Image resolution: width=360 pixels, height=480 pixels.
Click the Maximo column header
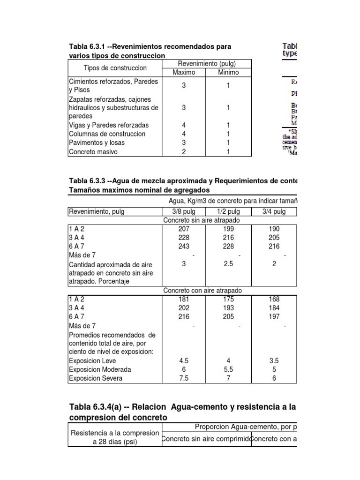point(184,72)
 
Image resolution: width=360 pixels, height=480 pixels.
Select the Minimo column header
point(228,72)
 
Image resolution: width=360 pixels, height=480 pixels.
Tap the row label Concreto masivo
point(93,152)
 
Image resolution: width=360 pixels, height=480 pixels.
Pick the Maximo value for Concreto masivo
point(184,152)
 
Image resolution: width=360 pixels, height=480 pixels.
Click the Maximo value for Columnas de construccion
point(184,134)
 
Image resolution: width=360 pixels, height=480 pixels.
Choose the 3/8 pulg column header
point(184,211)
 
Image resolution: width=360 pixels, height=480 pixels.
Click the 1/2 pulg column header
point(228,211)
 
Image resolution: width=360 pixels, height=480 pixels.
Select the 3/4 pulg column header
point(274,211)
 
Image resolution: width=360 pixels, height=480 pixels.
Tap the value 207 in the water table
point(184,229)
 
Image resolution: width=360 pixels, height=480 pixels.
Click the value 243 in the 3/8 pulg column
point(184,247)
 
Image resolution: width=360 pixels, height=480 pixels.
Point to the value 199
point(228,229)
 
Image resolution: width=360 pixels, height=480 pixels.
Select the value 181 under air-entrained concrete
point(184,299)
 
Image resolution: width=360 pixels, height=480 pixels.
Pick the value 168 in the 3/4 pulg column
point(274,299)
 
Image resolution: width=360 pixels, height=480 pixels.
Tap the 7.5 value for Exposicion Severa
point(184,378)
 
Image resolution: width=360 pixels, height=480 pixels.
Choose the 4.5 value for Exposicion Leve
point(184,361)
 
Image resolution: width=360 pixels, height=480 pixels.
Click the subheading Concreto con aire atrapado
point(202,291)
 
